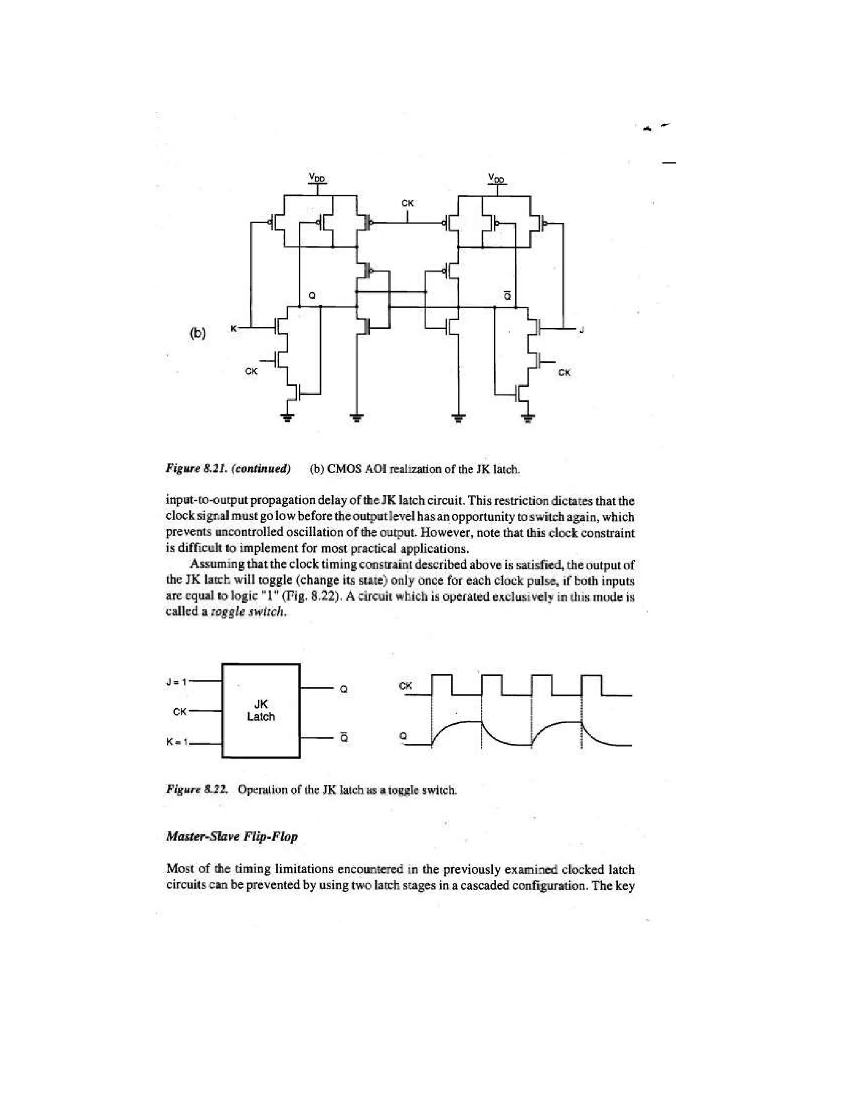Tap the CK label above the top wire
[407, 203]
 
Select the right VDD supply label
[496, 178]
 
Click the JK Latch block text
[261, 710]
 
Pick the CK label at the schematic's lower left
[251, 371]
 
